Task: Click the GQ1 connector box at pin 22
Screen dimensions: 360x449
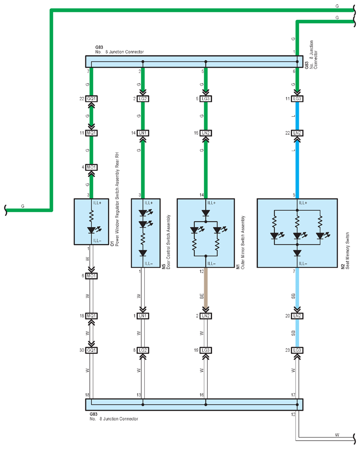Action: (92, 99)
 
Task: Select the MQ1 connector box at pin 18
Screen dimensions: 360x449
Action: (92, 316)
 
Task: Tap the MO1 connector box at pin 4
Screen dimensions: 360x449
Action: (92, 167)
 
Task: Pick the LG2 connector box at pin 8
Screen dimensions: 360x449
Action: (143, 350)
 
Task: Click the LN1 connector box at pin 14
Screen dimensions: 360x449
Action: (143, 133)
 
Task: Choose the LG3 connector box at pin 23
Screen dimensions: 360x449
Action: (297, 350)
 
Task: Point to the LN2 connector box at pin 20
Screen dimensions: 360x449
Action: (297, 316)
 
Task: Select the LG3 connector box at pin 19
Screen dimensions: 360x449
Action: (206, 350)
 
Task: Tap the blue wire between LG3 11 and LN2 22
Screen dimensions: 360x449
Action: (297, 116)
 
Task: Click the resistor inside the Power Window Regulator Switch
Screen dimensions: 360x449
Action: (92, 216)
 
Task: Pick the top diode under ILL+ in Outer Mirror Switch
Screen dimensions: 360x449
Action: (206, 213)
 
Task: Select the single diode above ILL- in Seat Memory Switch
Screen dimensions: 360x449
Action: (297, 253)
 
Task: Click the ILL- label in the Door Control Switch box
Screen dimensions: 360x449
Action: (149, 263)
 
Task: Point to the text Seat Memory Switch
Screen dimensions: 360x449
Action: (347, 250)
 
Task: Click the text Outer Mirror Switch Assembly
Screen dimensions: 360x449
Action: (243, 242)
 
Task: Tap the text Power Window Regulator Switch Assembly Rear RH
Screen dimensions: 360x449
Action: (117, 199)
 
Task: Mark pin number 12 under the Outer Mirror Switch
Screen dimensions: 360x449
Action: (202, 271)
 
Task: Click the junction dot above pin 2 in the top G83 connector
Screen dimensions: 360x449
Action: (143, 62)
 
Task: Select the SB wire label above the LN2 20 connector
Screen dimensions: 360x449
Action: (293, 296)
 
